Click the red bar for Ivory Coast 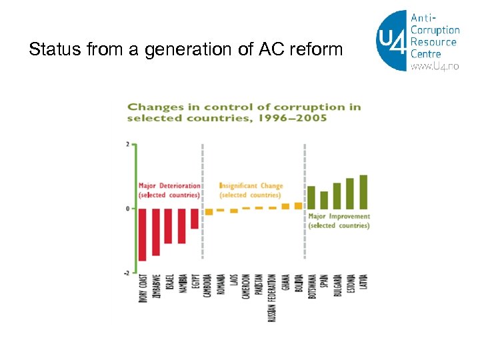[142, 234]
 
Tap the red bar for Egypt [195, 219]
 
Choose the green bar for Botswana [311, 197]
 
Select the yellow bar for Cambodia [208, 212]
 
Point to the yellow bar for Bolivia [298, 206]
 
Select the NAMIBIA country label [181, 287]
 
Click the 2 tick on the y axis [127, 144]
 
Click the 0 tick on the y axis [127, 209]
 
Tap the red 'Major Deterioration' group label [169, 186]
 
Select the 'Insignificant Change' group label [251, 186]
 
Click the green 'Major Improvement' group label [339, 217]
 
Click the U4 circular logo [393, 41]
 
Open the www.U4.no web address [435, 66]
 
